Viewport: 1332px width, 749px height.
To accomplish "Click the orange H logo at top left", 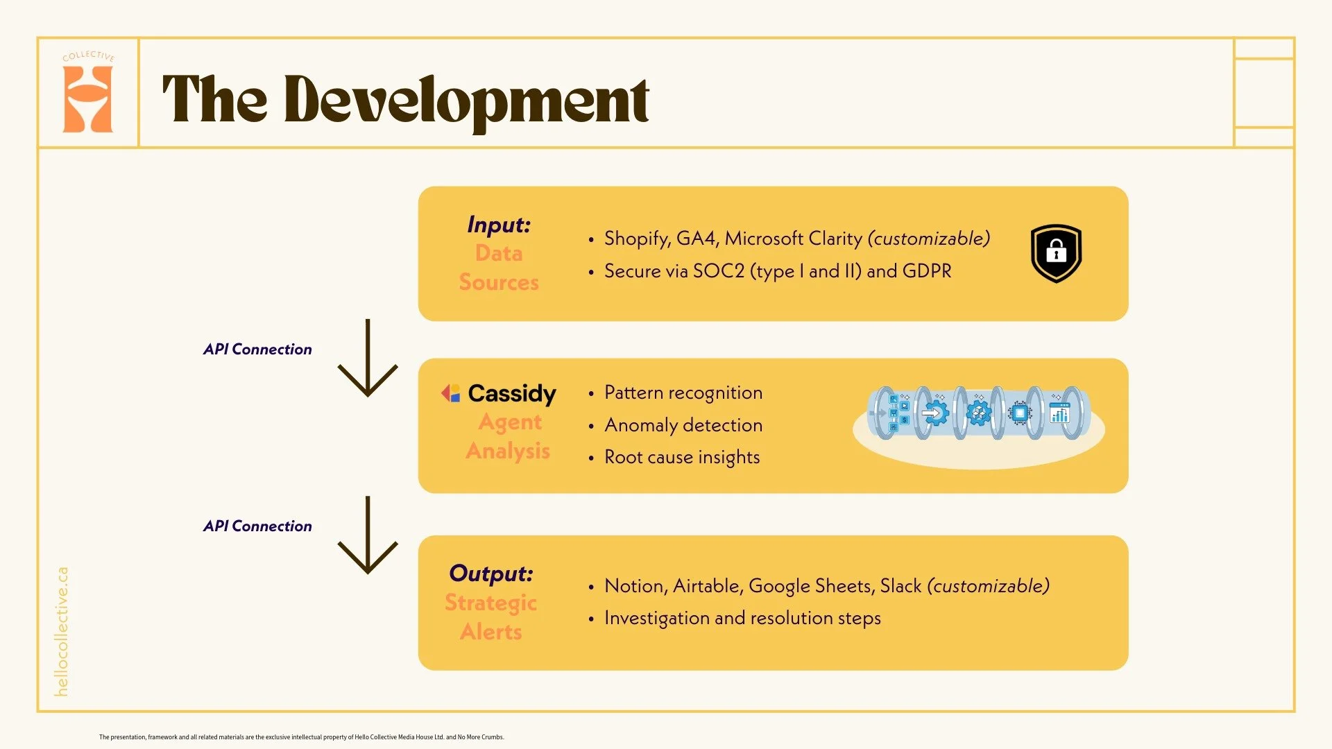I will [x=87, y=99].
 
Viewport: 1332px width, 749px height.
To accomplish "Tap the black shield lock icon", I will [x=1055, y=253].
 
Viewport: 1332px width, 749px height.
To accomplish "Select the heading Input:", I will [x=499, y=225].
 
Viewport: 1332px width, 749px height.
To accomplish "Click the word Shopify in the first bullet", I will [x=635, y=239].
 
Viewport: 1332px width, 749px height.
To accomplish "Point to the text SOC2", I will [x=718, y=271].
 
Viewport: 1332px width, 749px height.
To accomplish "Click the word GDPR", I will [x=927, y=271].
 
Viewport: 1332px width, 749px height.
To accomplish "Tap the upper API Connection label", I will [x=257, y=350].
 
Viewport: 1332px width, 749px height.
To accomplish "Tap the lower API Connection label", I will [x=257, y=526].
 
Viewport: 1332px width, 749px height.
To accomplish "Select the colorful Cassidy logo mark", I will [x=451, y=393].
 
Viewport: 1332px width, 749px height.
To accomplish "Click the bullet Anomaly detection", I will [x=683, y=425].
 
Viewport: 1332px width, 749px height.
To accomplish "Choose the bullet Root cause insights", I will [x=681, y=457].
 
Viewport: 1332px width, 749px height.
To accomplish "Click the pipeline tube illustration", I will [x=978, y=414].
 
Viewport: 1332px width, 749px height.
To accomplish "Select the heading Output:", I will [x=491, y=574].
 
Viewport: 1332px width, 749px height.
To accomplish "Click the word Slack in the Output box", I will [x=900, y=586].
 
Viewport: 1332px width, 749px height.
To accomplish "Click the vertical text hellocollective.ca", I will [x=62, y=631].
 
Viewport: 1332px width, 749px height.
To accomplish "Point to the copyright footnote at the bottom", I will [x=301, y=737].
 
